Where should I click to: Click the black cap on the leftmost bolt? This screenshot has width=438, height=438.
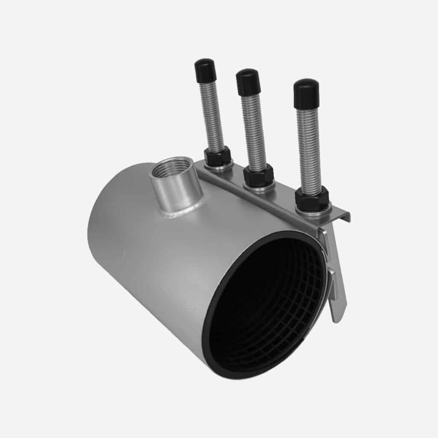pos(205,70)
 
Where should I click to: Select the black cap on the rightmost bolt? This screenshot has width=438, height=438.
pos(306,92)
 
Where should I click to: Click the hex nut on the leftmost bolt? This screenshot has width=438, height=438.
pos(217,157)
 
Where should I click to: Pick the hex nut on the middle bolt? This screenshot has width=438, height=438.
pos(258,176)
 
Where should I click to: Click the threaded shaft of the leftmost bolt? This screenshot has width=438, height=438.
pos(213,116)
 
